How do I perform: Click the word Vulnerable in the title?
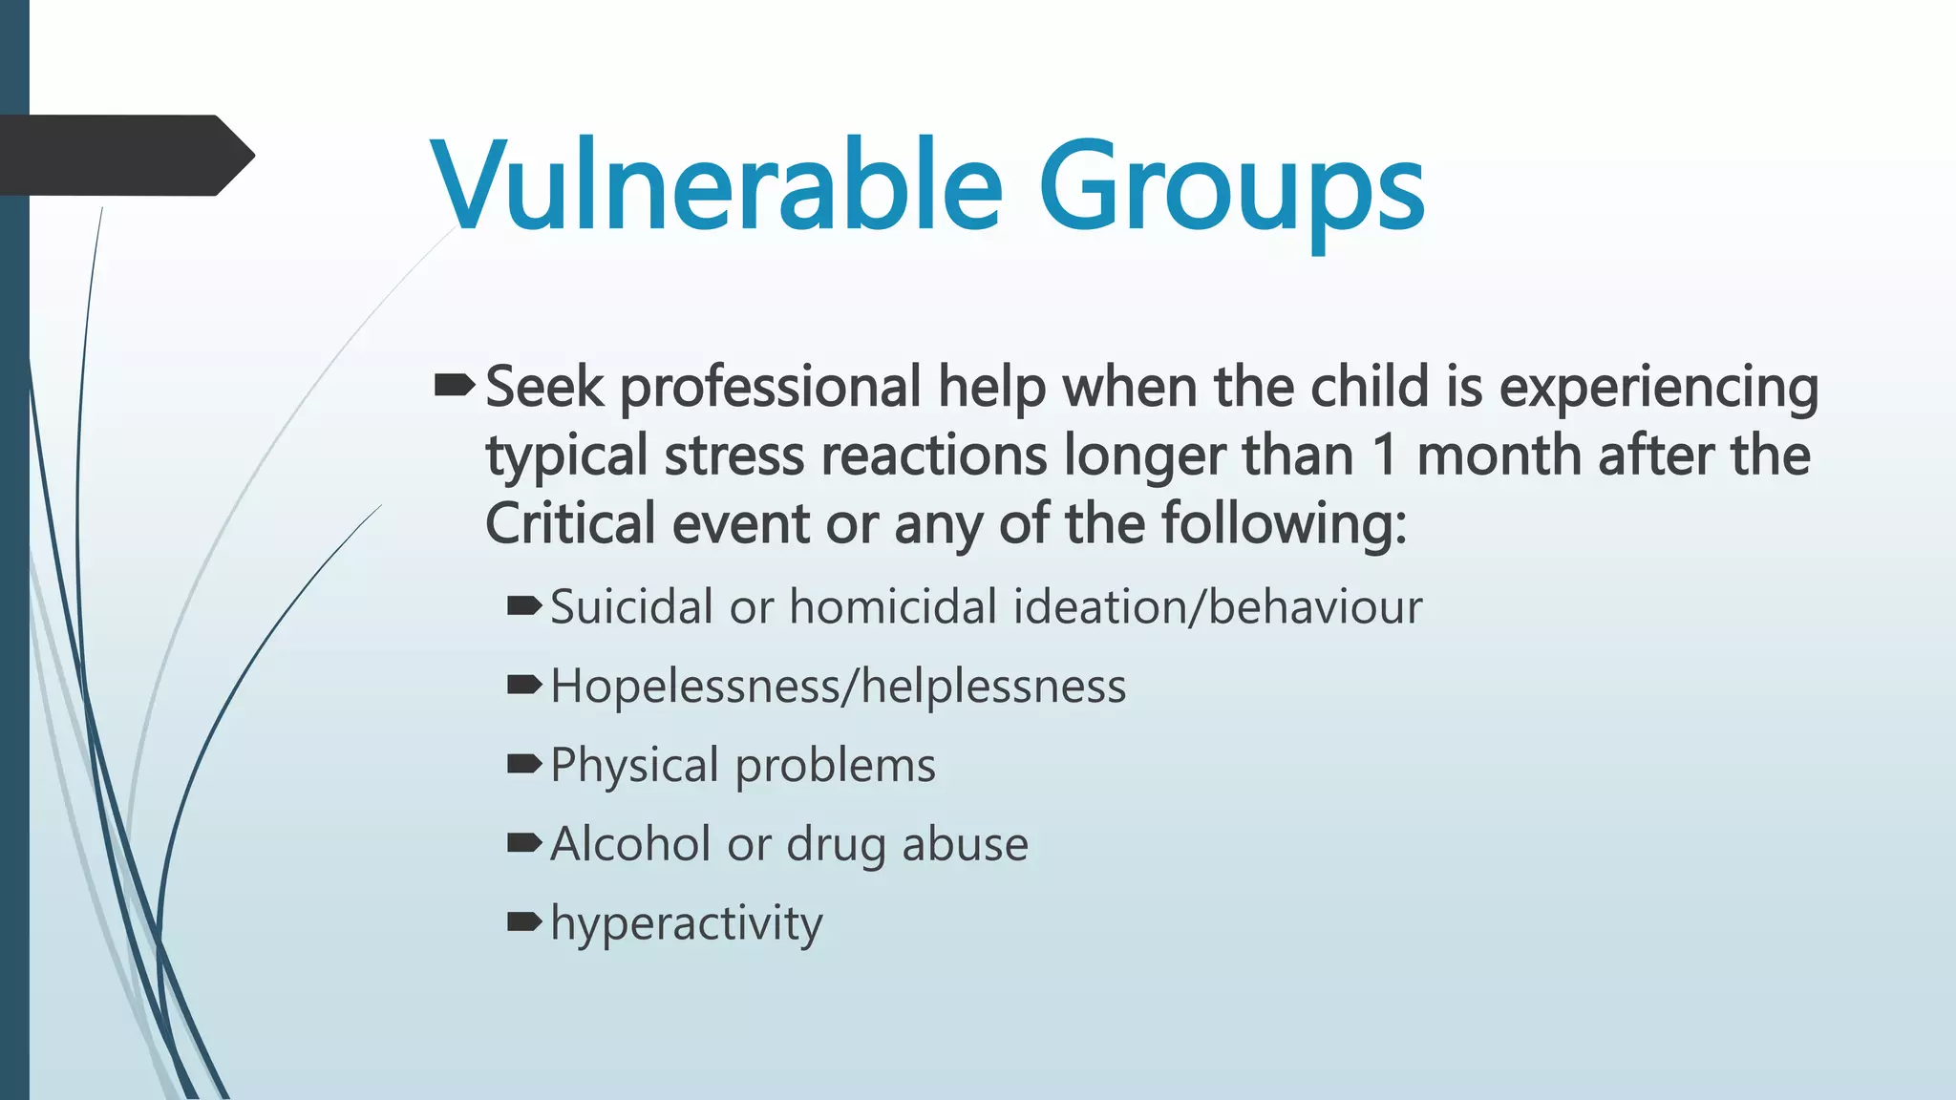(716, 186)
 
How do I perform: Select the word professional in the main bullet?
(771, 388)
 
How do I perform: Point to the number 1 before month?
(1385, 455)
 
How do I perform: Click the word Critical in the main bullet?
(570, 523)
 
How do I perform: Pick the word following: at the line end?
(1285, 524)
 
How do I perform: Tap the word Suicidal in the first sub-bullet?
(631, 607)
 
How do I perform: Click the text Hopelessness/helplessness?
(839, 687)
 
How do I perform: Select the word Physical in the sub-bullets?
(634, 766)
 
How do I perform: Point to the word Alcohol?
(630, 844)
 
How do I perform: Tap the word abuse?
(965, 844)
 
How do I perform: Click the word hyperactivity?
(686, 923)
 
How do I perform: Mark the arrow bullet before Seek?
(455, 386)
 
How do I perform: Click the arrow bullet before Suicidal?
(524, 605)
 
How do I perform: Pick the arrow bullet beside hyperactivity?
(524, 921)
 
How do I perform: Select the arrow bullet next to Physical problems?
(524, 763)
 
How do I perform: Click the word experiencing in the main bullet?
(1658, 388)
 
